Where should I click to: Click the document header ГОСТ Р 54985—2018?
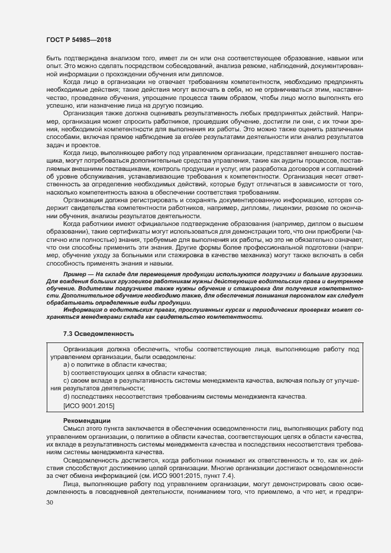pyautogui.click(x=80, y=40)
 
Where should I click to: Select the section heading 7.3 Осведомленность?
pyautogui.click(x=98, y=334)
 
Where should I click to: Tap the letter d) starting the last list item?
pyautogui.click(x=66, y=396)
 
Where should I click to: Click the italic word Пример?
pyautogui.click(x=75, y=275)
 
